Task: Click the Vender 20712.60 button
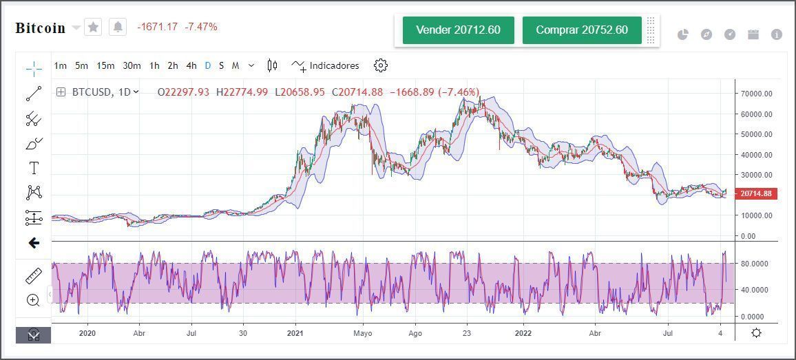point(458,30)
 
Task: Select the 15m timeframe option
point(105,66)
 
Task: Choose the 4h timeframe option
point(191,66)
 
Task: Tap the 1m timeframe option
point(61,66)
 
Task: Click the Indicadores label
point(334,66)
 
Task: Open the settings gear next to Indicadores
point(381,65)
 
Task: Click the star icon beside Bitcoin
point(93,27)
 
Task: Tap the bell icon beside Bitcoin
point(118,27)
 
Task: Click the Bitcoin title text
point(40,28)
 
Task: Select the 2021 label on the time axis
point(295,334)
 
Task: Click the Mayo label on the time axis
point(362,334)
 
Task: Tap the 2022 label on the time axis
point(523,334)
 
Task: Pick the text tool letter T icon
point(34,168)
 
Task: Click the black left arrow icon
point(34,243)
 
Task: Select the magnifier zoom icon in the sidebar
point(33,300)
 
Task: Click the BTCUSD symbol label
point(94,92)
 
